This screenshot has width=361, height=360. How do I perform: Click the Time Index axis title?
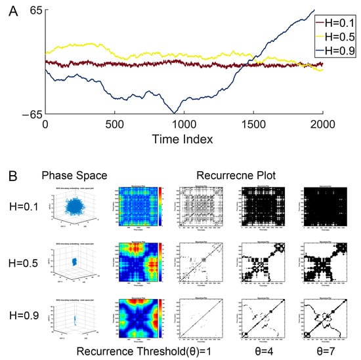[x=183, y=140]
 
